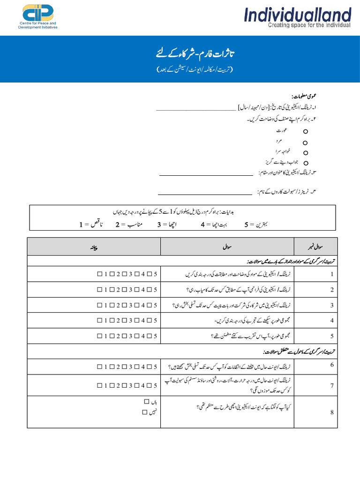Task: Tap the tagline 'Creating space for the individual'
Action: coord(309,25)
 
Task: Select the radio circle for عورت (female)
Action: coord(305,133)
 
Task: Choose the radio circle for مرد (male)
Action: coord(305,142)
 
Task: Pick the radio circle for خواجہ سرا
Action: coord(305,153)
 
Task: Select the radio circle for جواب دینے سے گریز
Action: coord(305,163)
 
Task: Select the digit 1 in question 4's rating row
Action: coord(106,321)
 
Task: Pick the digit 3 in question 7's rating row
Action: coord(131,385)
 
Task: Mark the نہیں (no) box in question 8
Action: coord(145,412)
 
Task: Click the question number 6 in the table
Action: coord(332,365)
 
